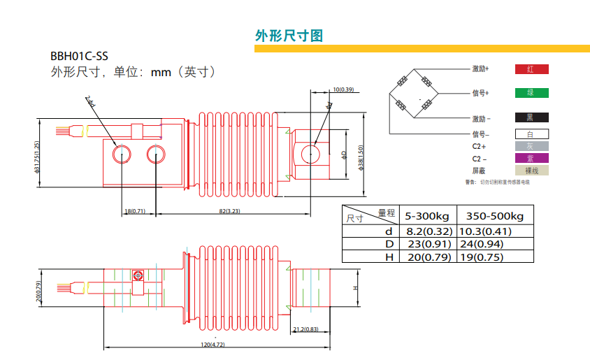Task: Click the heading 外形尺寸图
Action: tap(289, 36)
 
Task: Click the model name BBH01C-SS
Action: tap(79, 57)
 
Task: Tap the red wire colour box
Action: tap(531, 69)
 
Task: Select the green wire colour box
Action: tap(531, 92)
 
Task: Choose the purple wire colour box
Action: tap(531, 158)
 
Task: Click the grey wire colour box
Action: tap(531, 146)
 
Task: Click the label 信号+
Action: tap(480, 92)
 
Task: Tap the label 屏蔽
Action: tap(479, 171)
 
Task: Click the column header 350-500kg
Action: tap(494, 215)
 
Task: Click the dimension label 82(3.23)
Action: tap(229, 210)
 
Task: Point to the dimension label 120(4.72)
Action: tap(213, 344)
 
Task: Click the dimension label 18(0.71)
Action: tap(134, 210)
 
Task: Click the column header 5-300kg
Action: tap(427, 215)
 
